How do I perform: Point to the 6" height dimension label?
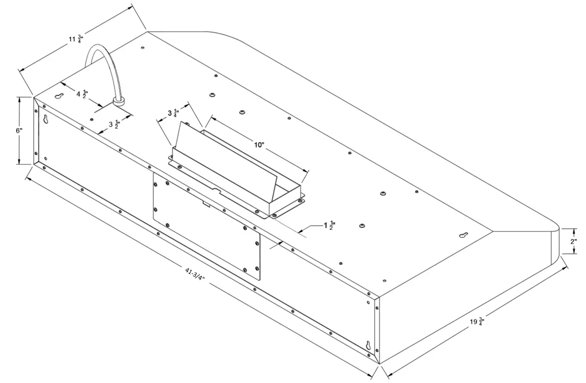tap(19, 131)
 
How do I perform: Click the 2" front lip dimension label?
tap(574, 241)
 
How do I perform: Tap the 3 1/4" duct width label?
tap(173, 114)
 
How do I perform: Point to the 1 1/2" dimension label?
tap(329, 226)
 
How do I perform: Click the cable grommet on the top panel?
tap(118, 101)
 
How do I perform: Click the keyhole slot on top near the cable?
tap(60, 96)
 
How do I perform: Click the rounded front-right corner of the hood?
tap(555, 229)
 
